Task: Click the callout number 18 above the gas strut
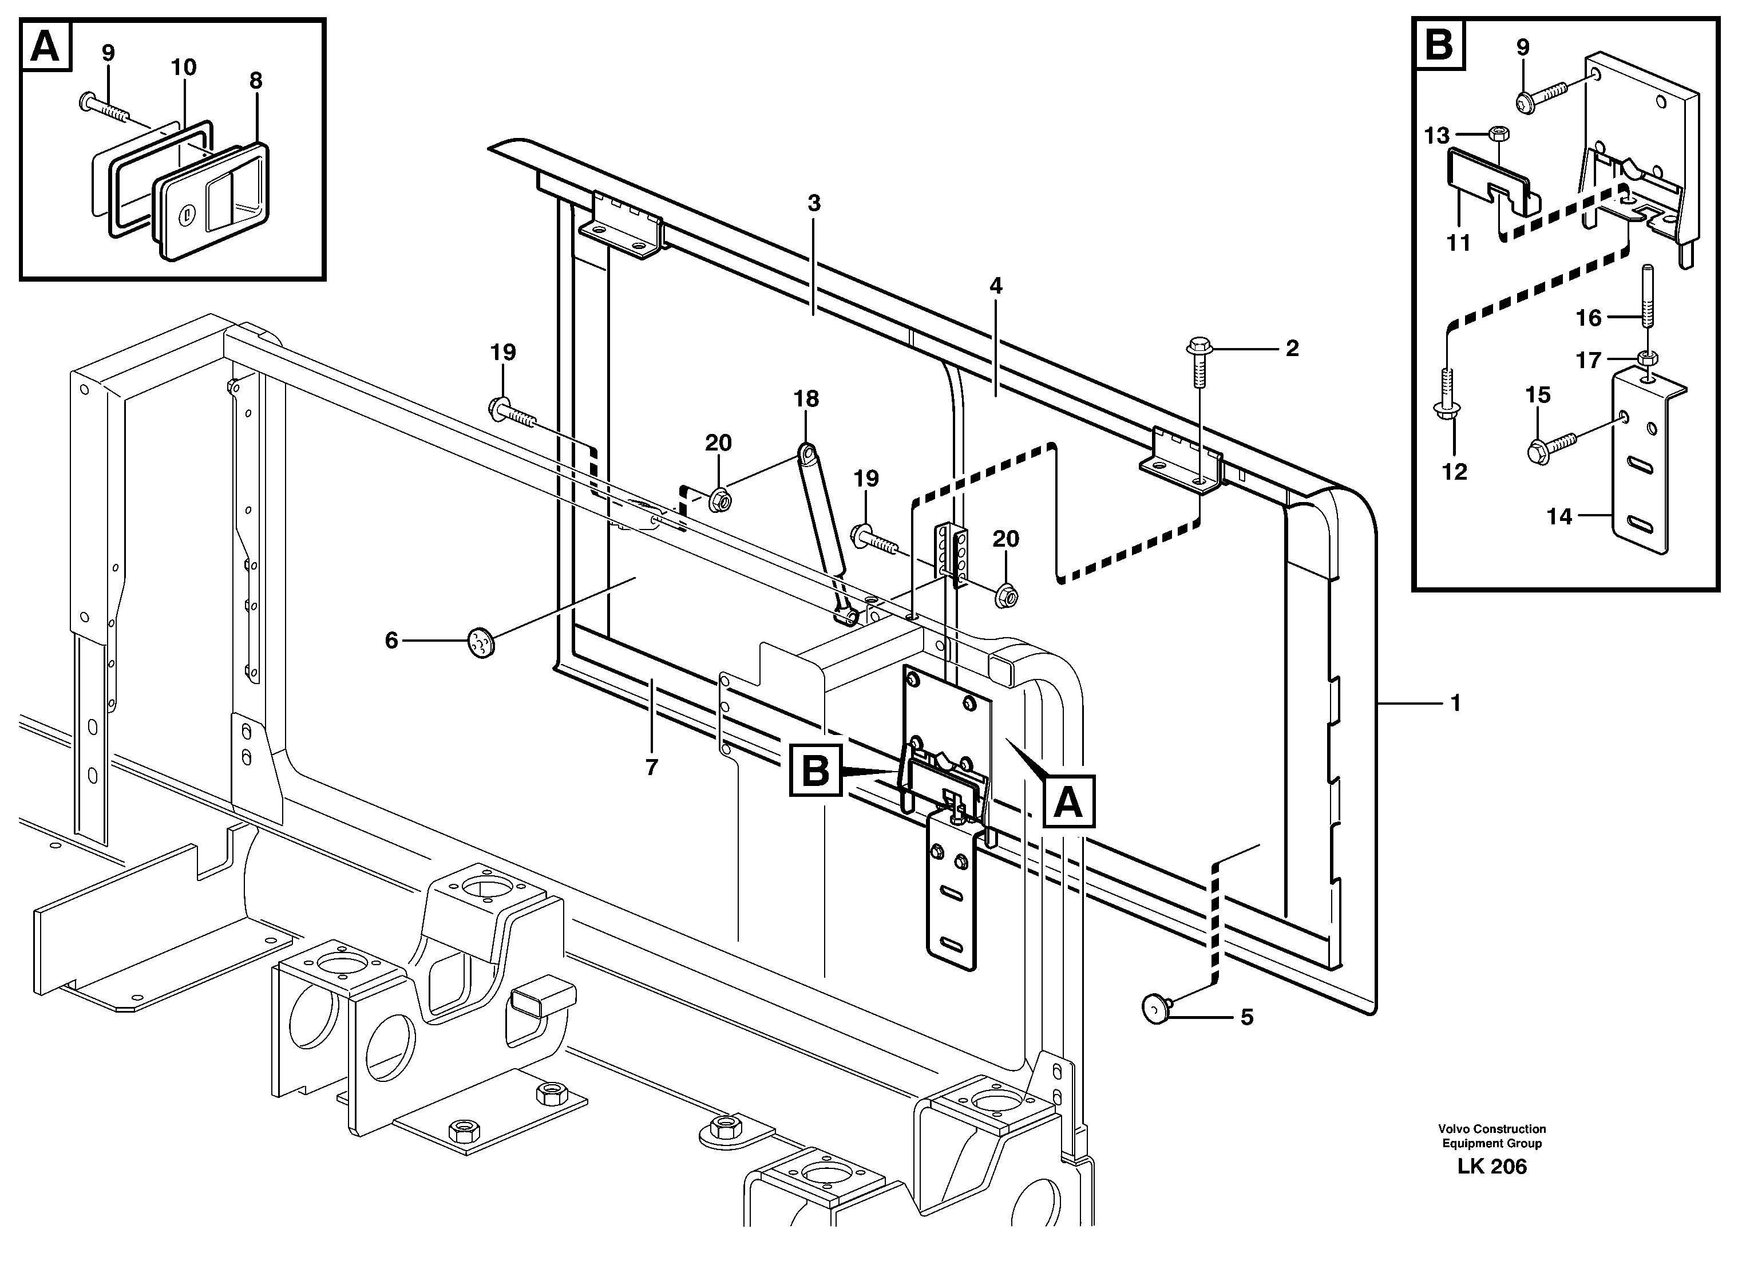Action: tap(806, 399)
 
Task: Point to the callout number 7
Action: tap(651, 767)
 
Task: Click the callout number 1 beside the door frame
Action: tap(1455, 704)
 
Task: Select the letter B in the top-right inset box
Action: tap(1439, 44)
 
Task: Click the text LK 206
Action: tap(1492, 1167)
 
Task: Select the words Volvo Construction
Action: tap(1492, 1128)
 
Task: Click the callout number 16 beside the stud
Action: tap(1588, 317)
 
